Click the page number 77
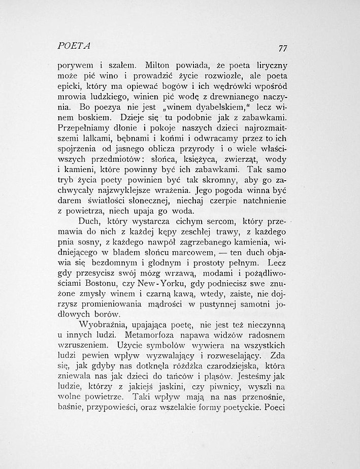pos(283,49)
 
